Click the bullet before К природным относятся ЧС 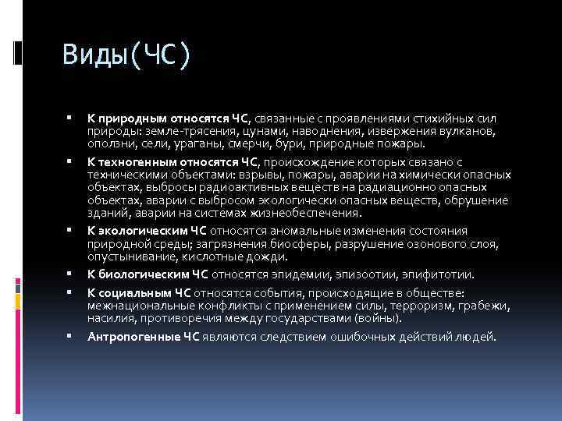pyautogui.click(x=71, y=118)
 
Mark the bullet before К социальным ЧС pyautogui.click(x=71, y=292)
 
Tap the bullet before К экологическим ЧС pyautogui.click(x=71, y=230)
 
